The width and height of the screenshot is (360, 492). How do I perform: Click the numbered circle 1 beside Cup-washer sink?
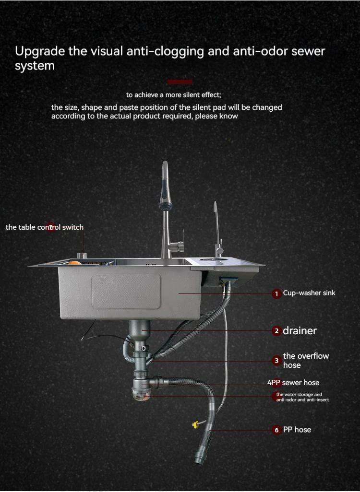[x=276, y=294]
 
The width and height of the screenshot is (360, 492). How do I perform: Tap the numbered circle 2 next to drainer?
[x=276, y=331]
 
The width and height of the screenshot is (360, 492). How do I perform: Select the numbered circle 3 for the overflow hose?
[x=276, y=361]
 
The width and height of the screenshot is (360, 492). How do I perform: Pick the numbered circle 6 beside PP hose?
[x=276, y=430]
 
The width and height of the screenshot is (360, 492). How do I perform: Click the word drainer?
[x=300, y=331]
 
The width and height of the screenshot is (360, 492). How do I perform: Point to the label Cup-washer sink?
[x=309, y=293]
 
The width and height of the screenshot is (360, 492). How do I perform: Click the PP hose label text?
[x=297, y=430]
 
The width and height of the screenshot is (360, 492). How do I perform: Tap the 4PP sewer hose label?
[x=293, y=383]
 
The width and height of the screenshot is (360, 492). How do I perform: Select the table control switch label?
[x=45, y=227]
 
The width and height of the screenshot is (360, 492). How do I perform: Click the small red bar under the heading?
[x=180, y=82]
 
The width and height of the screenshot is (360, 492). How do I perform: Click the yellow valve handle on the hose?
[x=196, y=424]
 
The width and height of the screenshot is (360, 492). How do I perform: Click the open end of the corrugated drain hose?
[x=200, y=461]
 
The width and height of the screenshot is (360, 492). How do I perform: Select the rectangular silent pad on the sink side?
[x=126, y=292]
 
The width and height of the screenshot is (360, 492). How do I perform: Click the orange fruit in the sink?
[x=75, y=263]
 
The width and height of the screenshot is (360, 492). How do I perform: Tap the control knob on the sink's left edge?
[x=82, y=256]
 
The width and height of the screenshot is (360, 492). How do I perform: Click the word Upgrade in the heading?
[x=40, y=51]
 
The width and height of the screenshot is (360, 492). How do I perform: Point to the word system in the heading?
[x=35, y=66]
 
